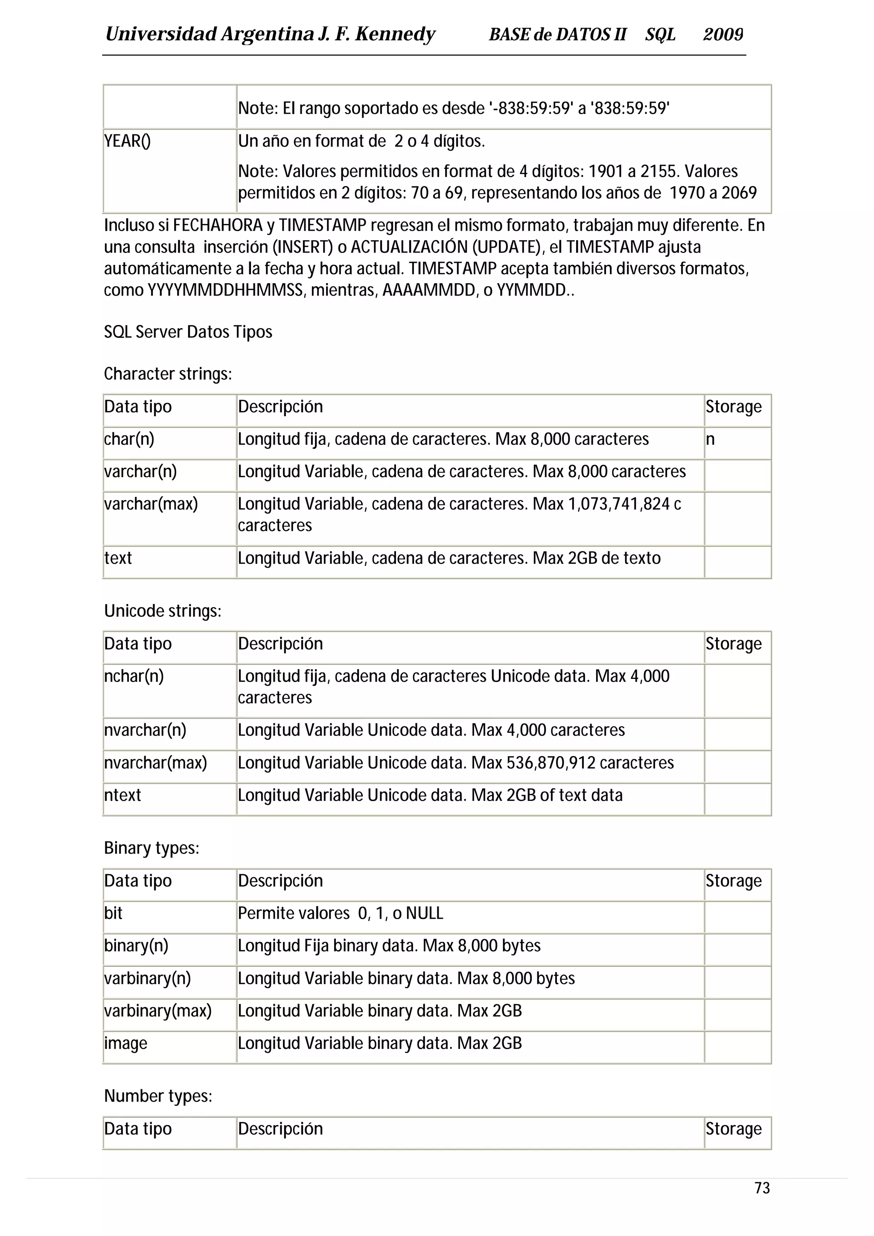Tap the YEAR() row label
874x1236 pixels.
(x=128, y=141)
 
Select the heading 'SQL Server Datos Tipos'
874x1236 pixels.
(x=188, y=332)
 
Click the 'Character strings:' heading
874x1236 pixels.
(x=167, y=374)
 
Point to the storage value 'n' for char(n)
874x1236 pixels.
(x=710, y=439)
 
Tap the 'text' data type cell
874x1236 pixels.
(x=118, y=558)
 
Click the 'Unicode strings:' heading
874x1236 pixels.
(x=163, y=611)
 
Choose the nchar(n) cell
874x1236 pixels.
(x=134, y=676)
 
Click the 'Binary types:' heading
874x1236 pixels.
(x=151, y=848)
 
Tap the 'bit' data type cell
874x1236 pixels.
(x=113, y=913)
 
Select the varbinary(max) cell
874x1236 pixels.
(x=158, y=1010)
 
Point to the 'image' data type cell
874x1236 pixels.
(x=125, y=1043)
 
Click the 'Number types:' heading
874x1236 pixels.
(x=158, y=1096)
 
